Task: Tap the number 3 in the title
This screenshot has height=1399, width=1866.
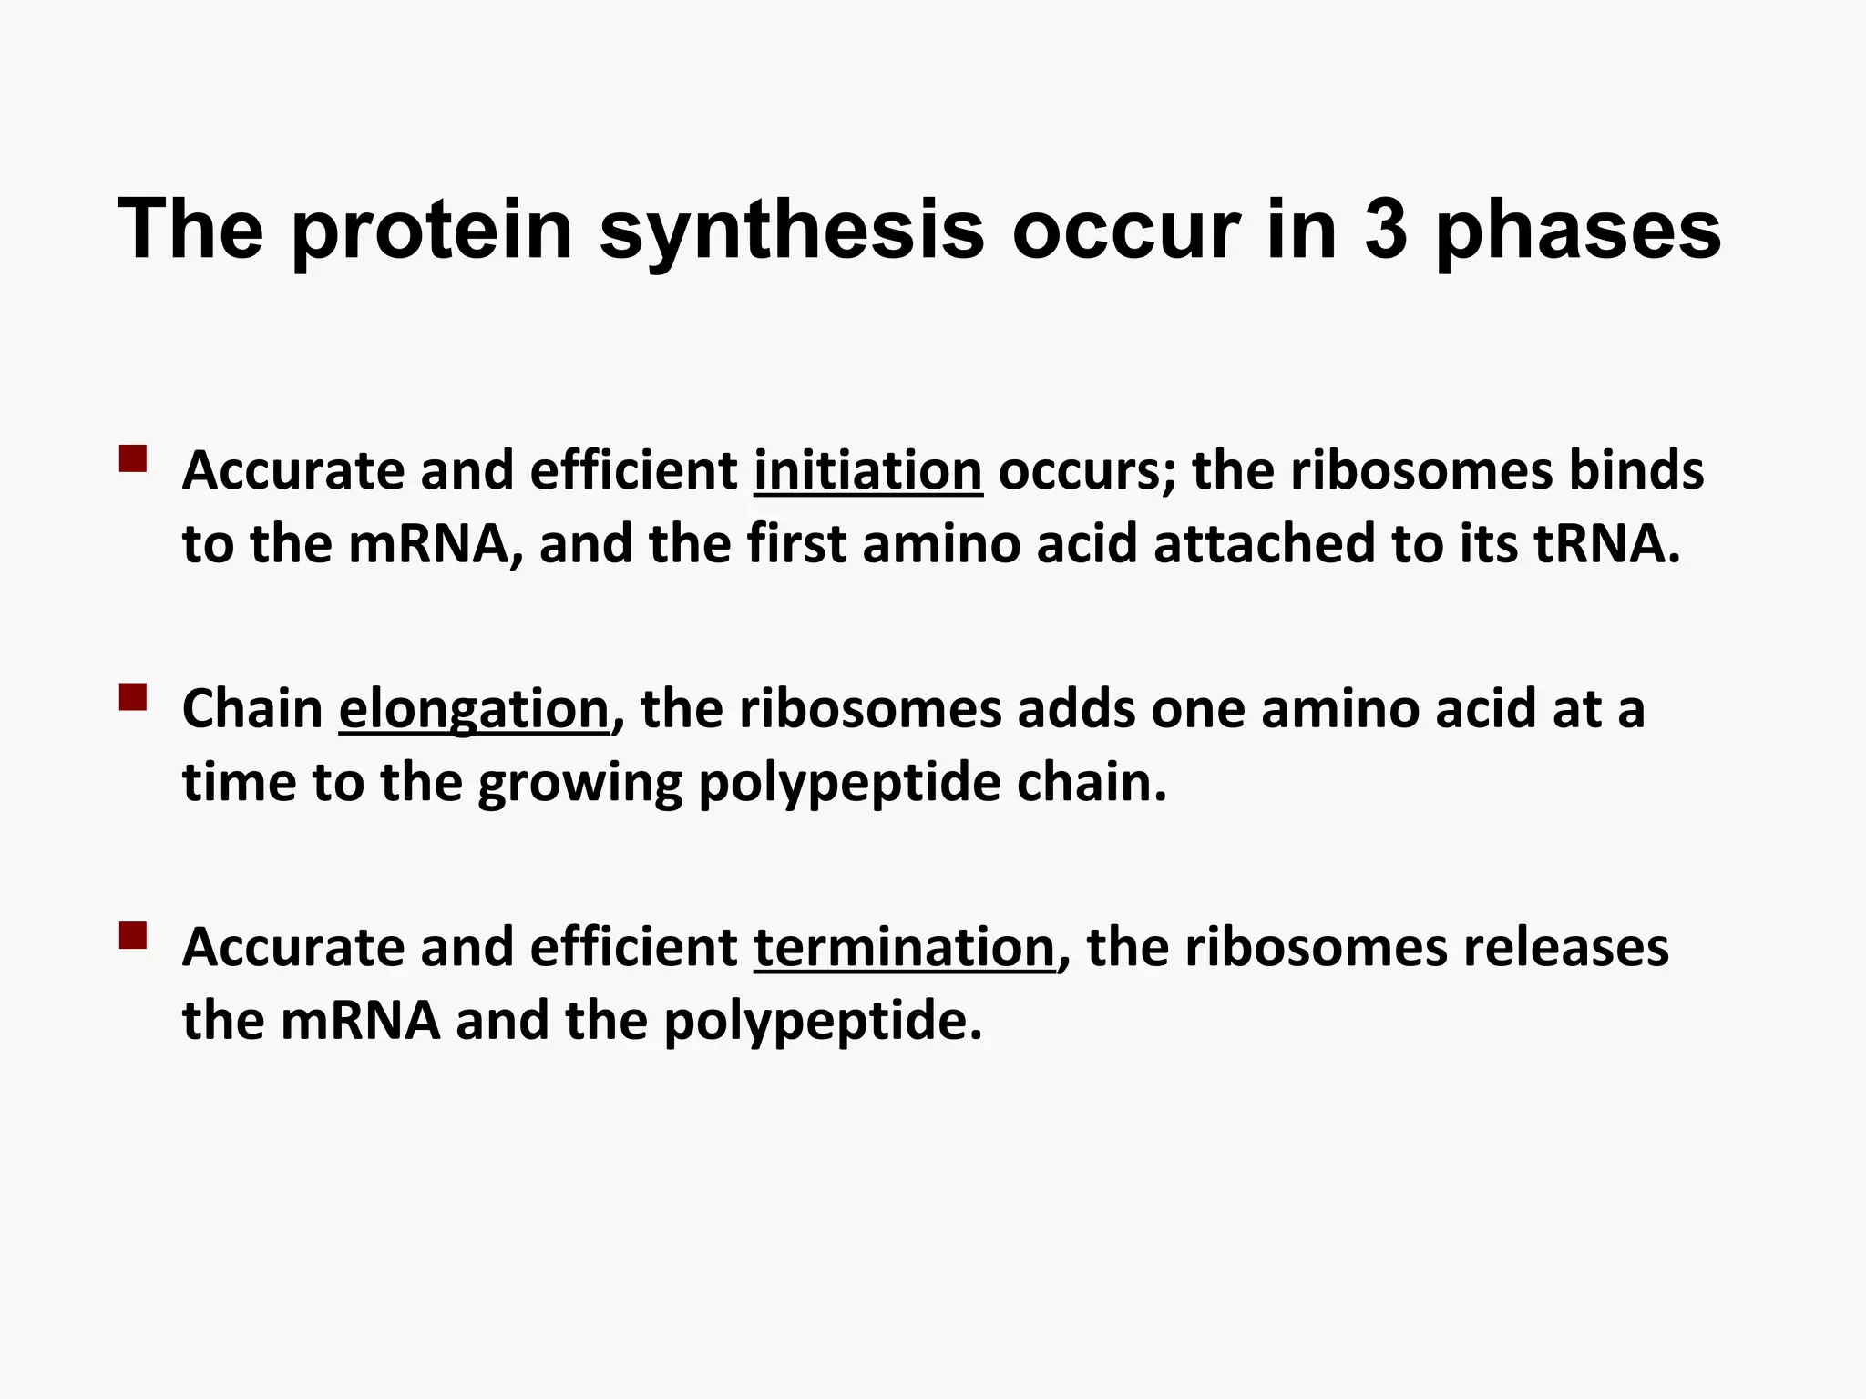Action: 1385,230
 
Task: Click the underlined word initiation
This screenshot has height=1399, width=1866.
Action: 867,471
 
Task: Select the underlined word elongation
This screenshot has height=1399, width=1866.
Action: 474,710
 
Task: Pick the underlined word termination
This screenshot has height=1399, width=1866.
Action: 905,948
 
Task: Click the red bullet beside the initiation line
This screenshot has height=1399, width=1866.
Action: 133,458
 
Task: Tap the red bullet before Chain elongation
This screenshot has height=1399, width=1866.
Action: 133,697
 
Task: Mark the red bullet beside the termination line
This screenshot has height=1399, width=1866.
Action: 133,936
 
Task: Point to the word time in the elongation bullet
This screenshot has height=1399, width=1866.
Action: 239,783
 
